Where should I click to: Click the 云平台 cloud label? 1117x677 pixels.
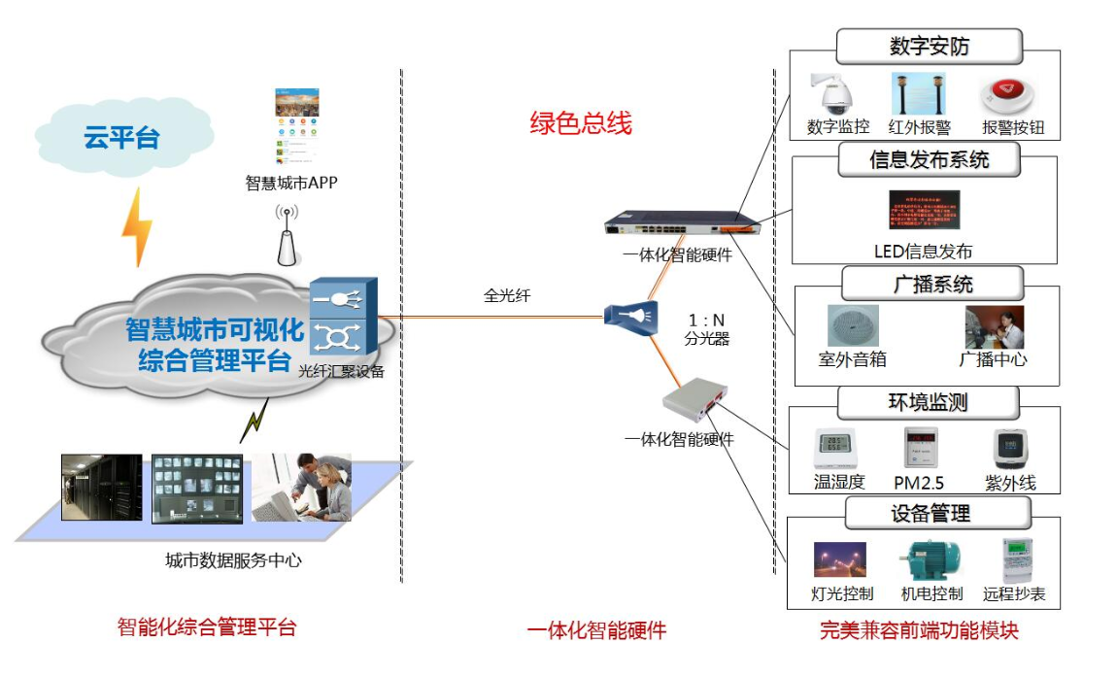(121, 137)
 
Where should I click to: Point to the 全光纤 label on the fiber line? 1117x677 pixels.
(507, 296)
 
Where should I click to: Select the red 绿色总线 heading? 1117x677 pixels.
(580, 123)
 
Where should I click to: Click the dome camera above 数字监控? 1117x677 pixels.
(834, 93)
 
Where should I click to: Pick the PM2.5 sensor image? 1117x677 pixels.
(919, 450)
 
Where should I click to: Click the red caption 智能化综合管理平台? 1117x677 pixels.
(205, 627)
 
